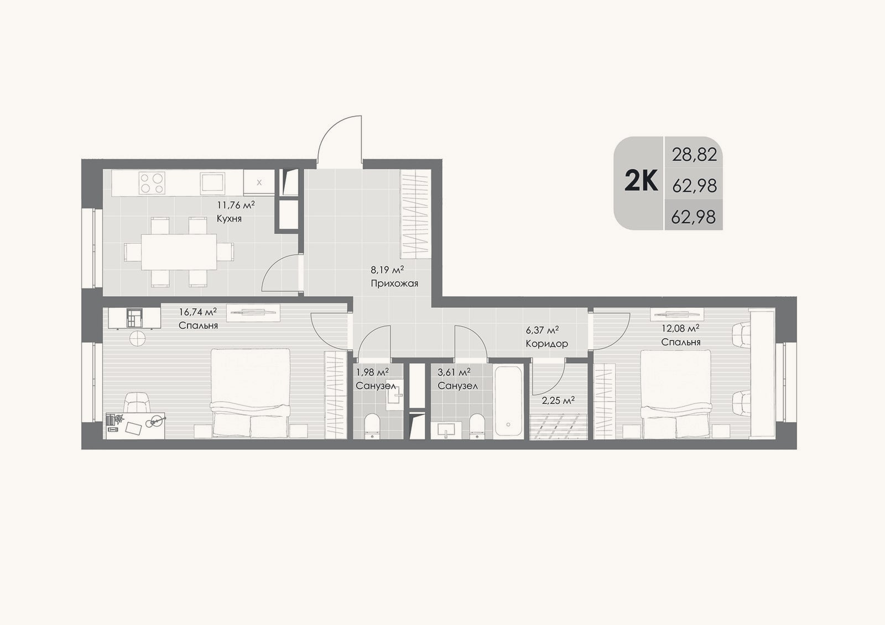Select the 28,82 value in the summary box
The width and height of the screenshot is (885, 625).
pyautogui.click(x=695, y=154)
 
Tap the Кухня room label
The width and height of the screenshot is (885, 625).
pyautogui.click(x=229, y=218)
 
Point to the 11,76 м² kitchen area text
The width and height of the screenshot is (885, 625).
pyautogui.click(x=236, y=204)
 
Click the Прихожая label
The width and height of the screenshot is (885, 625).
pyautogui.click(x=394, y=283)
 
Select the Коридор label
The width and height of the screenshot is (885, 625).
pyautogui.click(x=547, y=344)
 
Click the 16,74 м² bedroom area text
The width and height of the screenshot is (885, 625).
pyautogui.click(x=198, y=312)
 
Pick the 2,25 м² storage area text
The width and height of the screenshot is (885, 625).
pyautogui.click(x=558, y=401)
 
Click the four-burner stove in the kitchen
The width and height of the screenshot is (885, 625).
pyautogui.click(x=152, y=183)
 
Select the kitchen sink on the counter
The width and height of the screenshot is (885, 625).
pyautogui.click(x=212, y=183)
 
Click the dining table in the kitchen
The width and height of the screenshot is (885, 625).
pyautogui.click(x=179, y=252)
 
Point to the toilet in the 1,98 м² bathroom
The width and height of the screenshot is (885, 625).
pyautogui.click(x=372, y=426)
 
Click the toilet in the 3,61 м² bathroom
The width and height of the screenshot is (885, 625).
pyautogui.click(x=477, y=426)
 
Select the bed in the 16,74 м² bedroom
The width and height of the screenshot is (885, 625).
pyautogui.click(x=250, y=393)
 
